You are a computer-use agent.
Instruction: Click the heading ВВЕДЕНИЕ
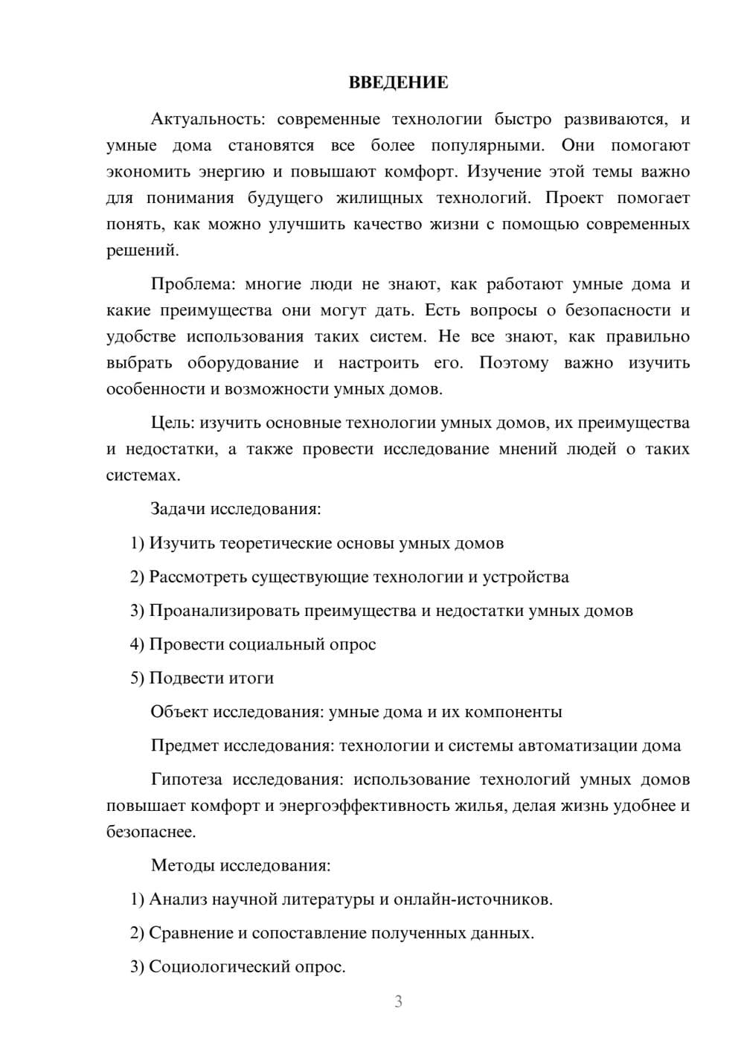tap(398, 83)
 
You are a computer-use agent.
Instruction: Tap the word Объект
tap(180, 712)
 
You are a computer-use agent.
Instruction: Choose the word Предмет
tap(185, 745)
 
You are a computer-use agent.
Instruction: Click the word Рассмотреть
tap(198, 577)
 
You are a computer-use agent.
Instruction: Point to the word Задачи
tap(178, 510)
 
